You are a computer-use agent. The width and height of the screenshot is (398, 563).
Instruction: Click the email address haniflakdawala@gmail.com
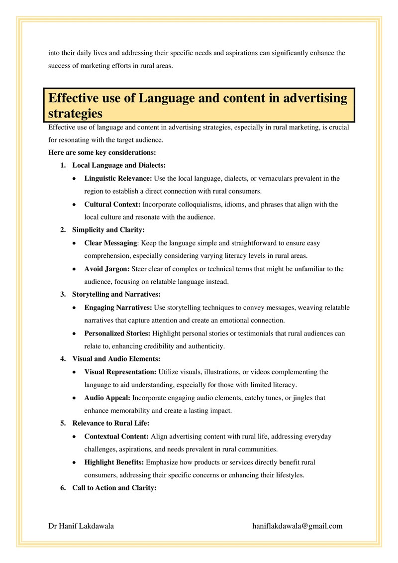click(x=298, y=526)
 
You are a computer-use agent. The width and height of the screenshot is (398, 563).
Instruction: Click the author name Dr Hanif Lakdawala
click(x=81, y=526)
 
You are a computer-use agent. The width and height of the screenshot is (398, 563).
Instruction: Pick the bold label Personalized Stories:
click(x=118, y=334)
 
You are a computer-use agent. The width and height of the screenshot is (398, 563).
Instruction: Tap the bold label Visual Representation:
click(x=120, y=372)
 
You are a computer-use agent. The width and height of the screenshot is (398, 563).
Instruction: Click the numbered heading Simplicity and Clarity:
click(x=108, y=230)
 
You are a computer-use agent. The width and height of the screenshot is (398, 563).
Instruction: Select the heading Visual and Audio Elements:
click(x=116, y=359)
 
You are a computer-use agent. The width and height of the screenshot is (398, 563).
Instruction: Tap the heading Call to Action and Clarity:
click(x=114, y=488)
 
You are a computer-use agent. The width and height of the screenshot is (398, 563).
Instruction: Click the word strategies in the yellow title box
click(x=75, y=113)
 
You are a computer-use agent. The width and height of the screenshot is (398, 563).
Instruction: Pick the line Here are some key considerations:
click(x=102, y=152)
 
